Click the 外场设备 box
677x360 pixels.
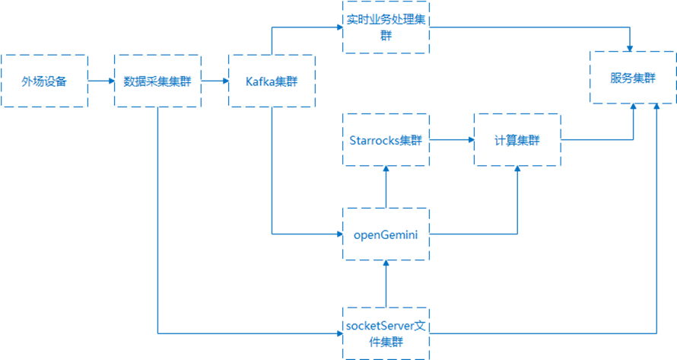[x=44, y=81]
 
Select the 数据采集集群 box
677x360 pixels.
[x=157, y=81]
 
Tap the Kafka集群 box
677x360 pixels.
[x=272, y=81]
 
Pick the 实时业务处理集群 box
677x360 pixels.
[x=386, y=27]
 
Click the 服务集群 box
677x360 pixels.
[x=633, y=78]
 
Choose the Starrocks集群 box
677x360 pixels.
[x=386, y=140]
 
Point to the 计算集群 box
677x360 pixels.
[x=517, y=140]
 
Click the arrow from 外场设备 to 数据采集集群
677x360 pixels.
[x=100, y=81]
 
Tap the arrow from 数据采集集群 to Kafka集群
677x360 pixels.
[x=215, y=81]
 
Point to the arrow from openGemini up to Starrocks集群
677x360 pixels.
[x=386, y=187]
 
